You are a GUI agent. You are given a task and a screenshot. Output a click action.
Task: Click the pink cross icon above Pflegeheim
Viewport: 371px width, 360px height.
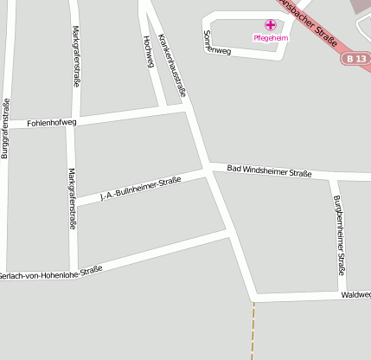coord(269,26)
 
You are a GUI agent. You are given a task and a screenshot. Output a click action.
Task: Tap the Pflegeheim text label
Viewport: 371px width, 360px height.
coord(270,38)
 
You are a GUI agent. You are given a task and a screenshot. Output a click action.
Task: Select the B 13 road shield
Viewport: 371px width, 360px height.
coord(354,58)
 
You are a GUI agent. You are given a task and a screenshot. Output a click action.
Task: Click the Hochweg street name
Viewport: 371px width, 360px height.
coord(148,52)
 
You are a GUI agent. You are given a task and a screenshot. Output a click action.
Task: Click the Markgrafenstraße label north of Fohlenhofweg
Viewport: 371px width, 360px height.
coord(74,56)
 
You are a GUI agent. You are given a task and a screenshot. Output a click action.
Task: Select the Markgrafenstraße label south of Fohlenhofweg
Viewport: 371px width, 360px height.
coord(72,197)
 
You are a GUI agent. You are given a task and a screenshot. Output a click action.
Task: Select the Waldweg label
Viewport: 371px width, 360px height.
coord(355,294)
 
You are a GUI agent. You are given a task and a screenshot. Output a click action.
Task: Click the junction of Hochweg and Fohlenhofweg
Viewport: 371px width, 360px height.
coord(167,109)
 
